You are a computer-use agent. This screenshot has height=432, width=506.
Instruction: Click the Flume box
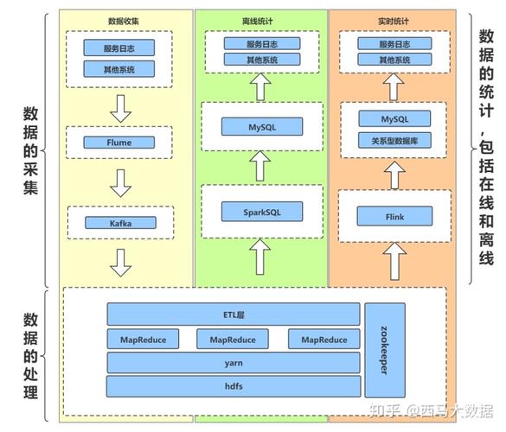click(x=119, y=143)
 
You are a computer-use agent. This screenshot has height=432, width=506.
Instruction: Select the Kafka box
click(x=121, y=223)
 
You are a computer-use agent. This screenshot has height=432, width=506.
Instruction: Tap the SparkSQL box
click(x=262, y=212)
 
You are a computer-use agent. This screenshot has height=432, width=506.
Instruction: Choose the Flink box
click(x=394, y=216)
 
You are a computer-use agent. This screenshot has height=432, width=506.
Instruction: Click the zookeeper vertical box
click(x=385, y=350)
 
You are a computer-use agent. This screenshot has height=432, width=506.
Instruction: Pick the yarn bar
click(x=234, y=363)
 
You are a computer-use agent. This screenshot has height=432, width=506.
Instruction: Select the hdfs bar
click(x=234, y=386)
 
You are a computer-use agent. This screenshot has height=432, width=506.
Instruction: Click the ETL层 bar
click(x=234, y=314)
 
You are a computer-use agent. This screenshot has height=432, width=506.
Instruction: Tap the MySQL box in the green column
click(x=262, y=127)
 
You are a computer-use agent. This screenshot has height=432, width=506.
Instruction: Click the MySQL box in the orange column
click(x=394, y=118)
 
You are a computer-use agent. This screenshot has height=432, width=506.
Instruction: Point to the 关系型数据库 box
click(x=394, y=141)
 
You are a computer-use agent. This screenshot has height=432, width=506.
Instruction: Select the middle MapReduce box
click(x=233, y=340)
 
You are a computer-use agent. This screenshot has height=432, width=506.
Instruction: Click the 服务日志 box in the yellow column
click(x=119, y=48)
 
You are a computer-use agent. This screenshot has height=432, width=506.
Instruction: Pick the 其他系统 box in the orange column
click(x=394, y=60)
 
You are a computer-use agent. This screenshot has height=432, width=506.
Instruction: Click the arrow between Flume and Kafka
click(x=121, y=183)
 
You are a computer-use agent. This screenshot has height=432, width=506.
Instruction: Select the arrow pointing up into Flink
click(x=394, y=262)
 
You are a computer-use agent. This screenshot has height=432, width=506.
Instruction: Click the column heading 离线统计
click(x=257, y=22)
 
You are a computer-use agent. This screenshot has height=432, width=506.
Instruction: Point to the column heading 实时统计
click(x=393, y=22)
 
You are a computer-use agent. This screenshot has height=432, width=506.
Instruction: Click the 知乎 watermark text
click(x=385, y=411)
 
